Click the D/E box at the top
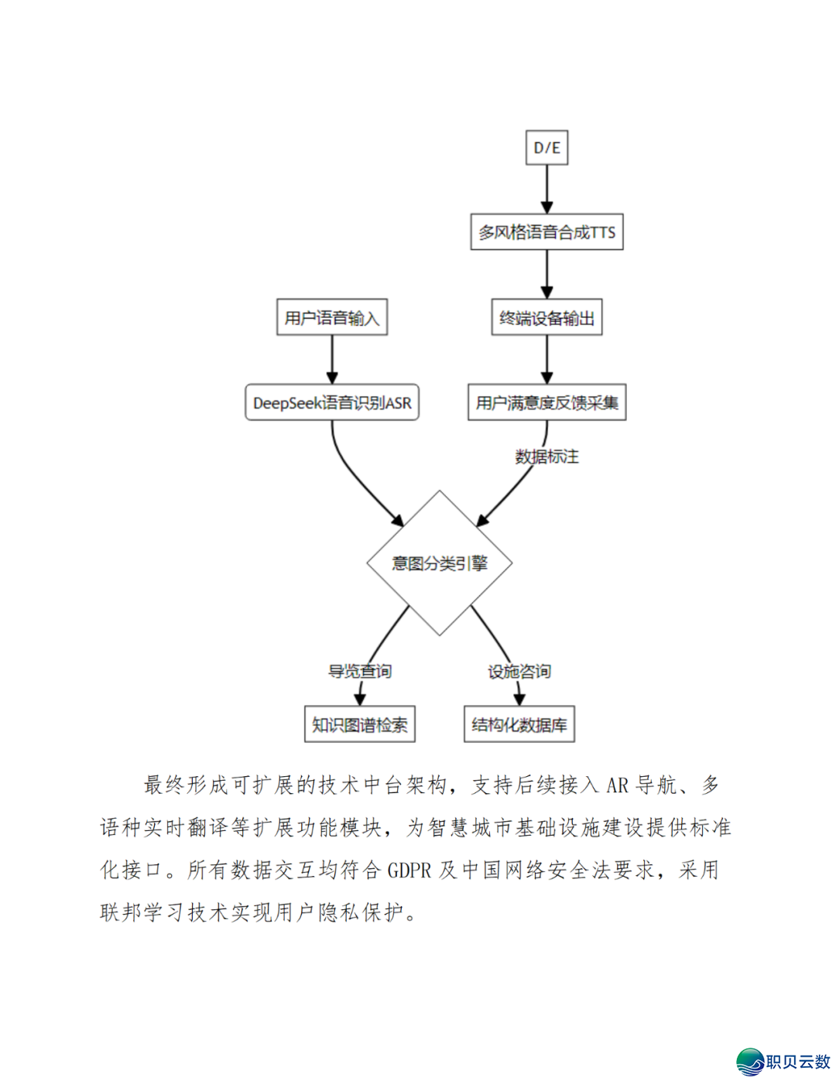tap(546, 148)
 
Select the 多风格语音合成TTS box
tap(546, 232)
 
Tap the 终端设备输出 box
tap(546, 318)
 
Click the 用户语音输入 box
tap(332, 318)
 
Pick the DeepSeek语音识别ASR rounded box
tap(332, 403)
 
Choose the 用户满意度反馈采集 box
tap(546, 403)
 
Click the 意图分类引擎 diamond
tap(440, 563)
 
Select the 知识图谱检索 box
tap(359, 725)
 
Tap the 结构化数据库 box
tap(519, 725)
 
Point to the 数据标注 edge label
tap(546, 457)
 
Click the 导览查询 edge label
tap(359, 671)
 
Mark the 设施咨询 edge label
tap(519, 671)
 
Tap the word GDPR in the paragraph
tap(409, 871)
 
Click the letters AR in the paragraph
tap(617, 786)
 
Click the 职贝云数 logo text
tap(798, 1062)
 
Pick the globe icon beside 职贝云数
tap(749, 1062)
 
